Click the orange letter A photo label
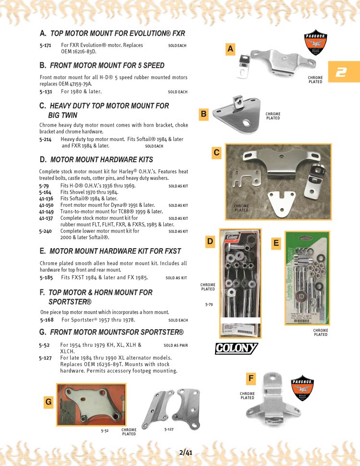coord(230,49)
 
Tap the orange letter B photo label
coord(204,114)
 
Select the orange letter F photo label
coord(251,379)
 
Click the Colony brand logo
coord(236,348)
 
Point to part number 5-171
coord(46,45)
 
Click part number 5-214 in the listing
coord(46,139)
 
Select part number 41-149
coord(47,211)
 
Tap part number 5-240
coord(46,231)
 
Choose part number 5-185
coord(46,277)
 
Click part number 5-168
coord(47,320)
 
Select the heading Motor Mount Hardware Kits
coord(101,159)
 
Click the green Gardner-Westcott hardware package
coord(307,277)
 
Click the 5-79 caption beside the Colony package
coord(209,304)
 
